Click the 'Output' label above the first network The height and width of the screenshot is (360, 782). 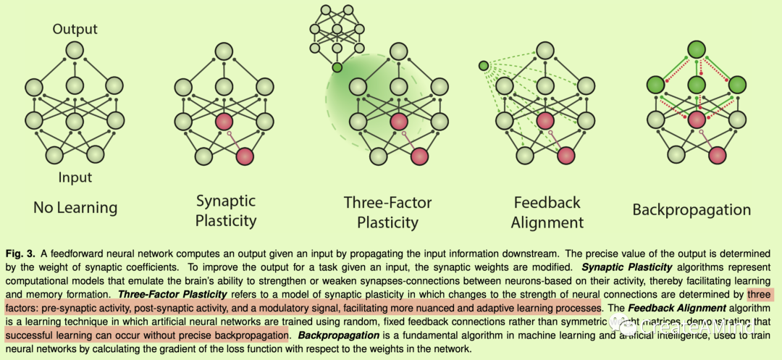click(x=75, y=30)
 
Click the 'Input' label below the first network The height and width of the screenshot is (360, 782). click(x=75, y=176)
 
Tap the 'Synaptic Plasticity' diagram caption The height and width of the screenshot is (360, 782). click(x=227, y=209)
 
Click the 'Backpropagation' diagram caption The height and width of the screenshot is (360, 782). click(x=691, y=210)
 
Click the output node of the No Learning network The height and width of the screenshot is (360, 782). click(x=75, y=51)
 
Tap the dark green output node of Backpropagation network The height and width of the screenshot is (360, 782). click(x=696, y=51)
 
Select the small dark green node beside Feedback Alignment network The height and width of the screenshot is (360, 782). click(x=484, y=67)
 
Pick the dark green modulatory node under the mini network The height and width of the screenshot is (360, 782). click(x=337, y=68)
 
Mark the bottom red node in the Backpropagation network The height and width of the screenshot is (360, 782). click(x=716, y=154)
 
